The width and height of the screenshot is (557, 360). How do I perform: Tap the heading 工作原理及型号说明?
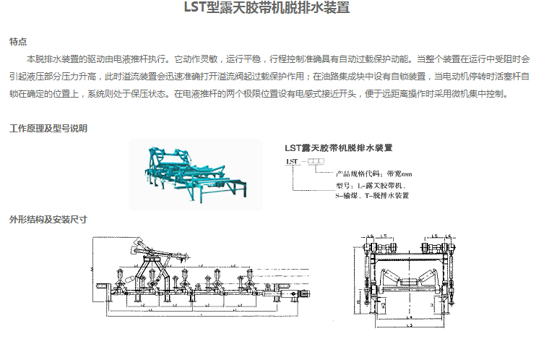[x=48, y=129]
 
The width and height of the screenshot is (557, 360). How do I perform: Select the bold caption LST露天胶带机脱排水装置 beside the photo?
[x=339, y=147]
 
